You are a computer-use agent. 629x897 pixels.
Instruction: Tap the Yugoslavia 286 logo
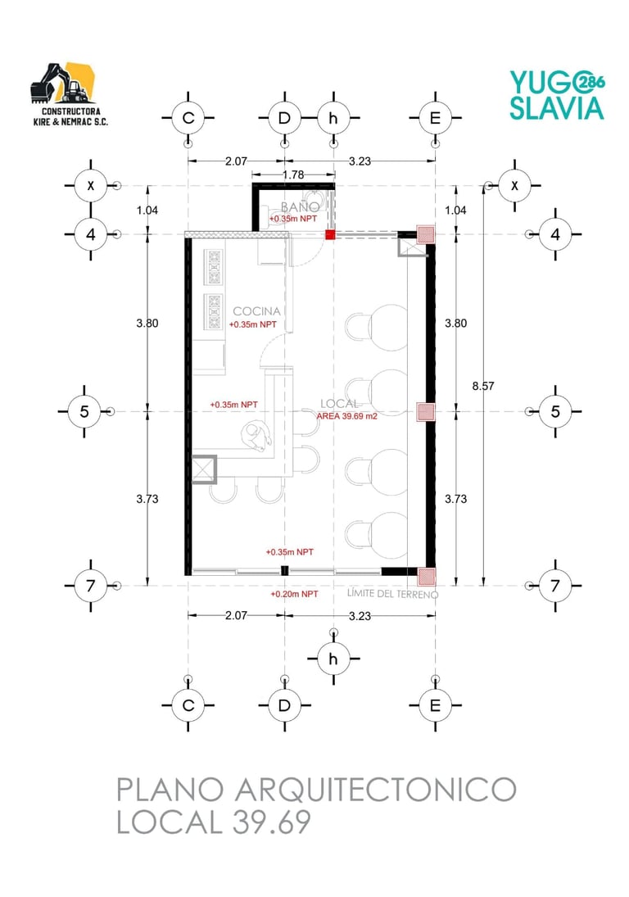pyautogui.click(x=557, y=96)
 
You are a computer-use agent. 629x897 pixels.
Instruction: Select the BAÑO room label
pyautogui.click(x=300, y=206)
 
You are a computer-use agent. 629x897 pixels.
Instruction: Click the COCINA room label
pyautogui.click(x=256, y=311)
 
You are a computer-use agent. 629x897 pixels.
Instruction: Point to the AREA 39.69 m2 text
pyautogui.click(x=347, y=416)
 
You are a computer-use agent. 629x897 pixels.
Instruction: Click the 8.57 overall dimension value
pyautogui.click(x=483, y=386)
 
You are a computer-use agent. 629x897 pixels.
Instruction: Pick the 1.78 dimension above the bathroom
pyautogui.click(x=293, y=174)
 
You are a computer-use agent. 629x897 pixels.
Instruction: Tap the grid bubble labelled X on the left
pyautogui.click(x=90, y=185)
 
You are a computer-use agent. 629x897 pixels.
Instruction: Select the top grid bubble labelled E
pyautogui.click(x=435, y=118)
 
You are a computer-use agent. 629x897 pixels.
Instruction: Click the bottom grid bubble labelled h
pyautogui.click(x=333, y=659)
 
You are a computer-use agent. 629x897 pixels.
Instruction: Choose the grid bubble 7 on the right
pyautogui.click(x=555, y=585)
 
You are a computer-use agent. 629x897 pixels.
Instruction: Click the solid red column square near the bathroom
pyautogui.click(x=330, y=234)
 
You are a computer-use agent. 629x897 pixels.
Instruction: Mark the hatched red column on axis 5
pyautogui.click(x=425, y=411)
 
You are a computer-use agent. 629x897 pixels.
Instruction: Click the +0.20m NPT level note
pyautogui.click(x=294, y=595)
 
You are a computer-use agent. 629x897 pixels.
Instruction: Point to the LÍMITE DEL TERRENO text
pyautogui.click(x=393, y=594)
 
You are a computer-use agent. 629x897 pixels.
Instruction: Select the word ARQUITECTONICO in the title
pyautogui.click(x=376, y=790)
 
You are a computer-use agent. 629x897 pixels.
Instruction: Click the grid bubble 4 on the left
pyautogui.click(x=90, y=234)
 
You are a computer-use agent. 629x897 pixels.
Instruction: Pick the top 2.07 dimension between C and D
pyautogui.click(x=236, y=161)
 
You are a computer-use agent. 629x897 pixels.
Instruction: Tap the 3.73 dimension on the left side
pyautogui.click(x=147, y=499)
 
